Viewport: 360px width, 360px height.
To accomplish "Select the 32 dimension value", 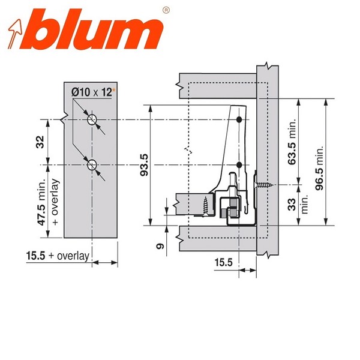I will [x=40, y=143].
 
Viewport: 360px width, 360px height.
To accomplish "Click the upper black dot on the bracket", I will [x=239, y=121].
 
